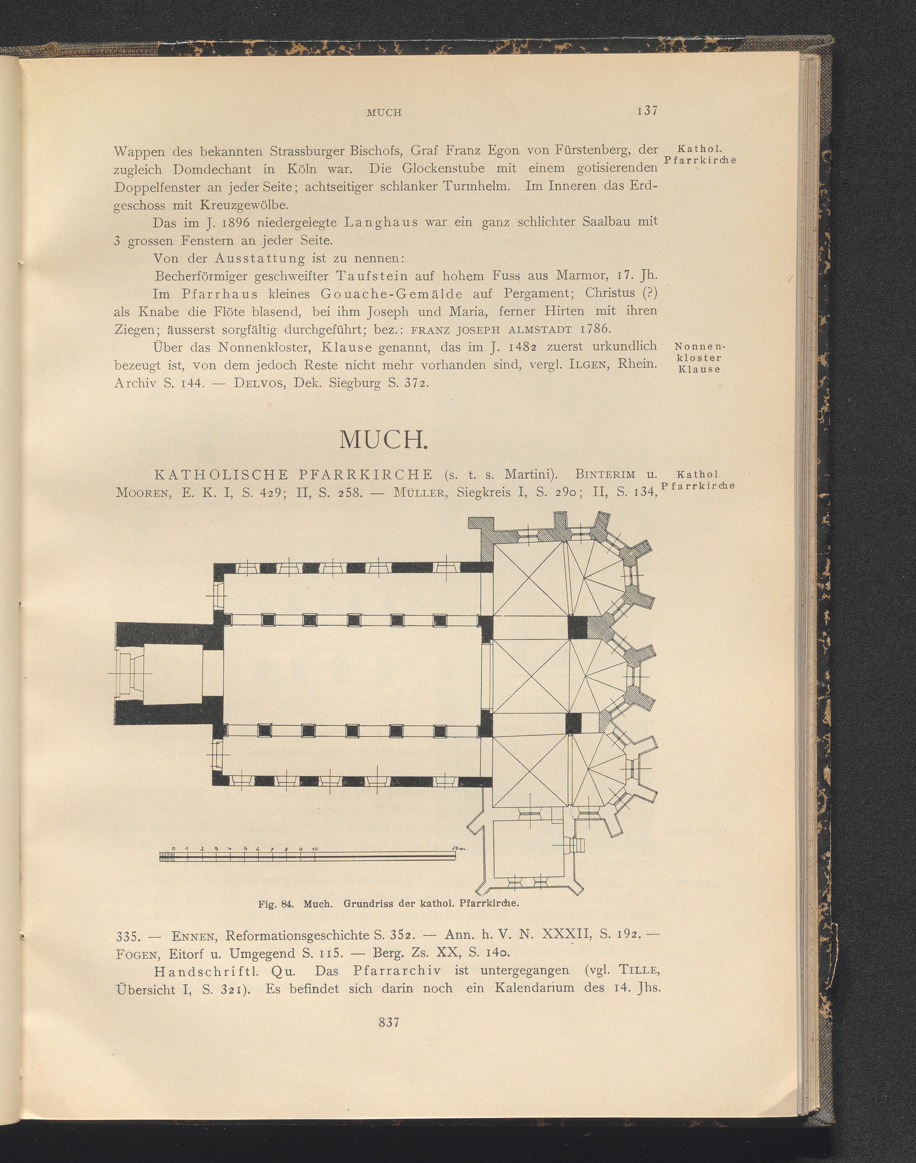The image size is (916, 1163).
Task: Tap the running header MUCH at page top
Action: coord(384,113)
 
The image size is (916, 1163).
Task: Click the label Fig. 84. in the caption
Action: coord(276,903)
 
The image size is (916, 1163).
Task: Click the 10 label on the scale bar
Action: coord(315,849)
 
